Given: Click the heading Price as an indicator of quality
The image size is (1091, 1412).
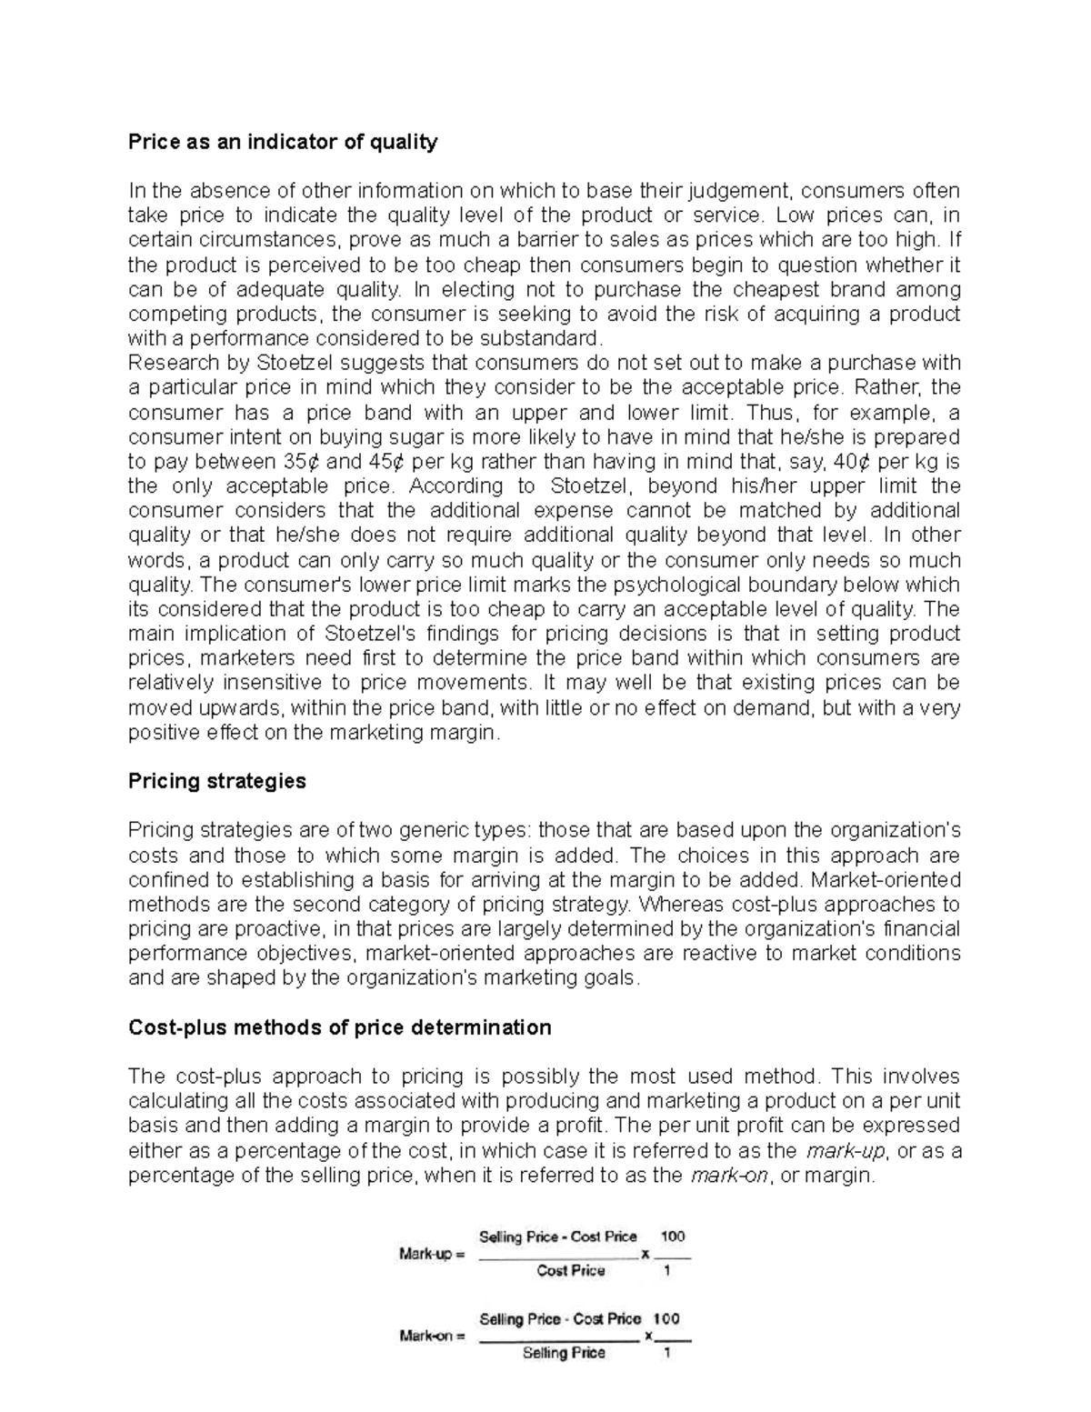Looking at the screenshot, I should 283,142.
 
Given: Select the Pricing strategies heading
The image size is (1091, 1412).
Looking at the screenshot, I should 217,781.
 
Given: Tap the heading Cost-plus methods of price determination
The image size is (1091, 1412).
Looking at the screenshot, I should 340,1027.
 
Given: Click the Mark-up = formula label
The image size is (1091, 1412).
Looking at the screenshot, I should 432,1256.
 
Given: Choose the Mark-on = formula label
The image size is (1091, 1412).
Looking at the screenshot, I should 432,1337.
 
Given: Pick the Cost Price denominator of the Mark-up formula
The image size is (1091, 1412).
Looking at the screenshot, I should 570,1271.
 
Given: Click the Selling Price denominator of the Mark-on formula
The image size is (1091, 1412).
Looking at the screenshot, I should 564,1353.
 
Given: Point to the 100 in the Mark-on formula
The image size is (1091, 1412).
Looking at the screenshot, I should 667,1318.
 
